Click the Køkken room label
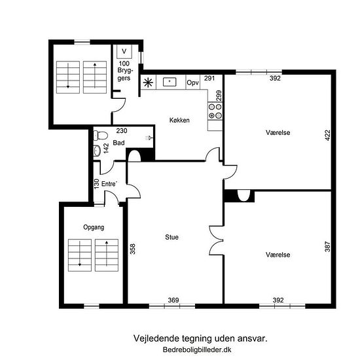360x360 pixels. [x=179, y=120]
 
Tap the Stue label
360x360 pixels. [x=171, y=237]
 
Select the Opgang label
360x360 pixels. [x=94, y=227]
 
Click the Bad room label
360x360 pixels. [x=118, y=143]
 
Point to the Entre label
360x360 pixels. [x=109, y=184]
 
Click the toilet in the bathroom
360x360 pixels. [x=101, y=135]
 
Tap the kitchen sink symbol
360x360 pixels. [x=170, y=82]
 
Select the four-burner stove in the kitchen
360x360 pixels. [x=215, y=111]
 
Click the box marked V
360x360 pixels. [x=124, y=52]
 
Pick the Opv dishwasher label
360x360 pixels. [x=192, y=82]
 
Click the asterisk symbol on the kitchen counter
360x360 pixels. [x=148, y=82]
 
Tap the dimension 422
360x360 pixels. [x=328, y=135]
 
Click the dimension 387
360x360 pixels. [x=328, y=247]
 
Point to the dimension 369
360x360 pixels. [x=173, y=300]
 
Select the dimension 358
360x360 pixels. [x=133, y=249]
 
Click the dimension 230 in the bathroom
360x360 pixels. [x=122, y=131]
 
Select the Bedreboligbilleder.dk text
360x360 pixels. [x=197, y=350]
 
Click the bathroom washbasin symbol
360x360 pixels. [x=97, y=151]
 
